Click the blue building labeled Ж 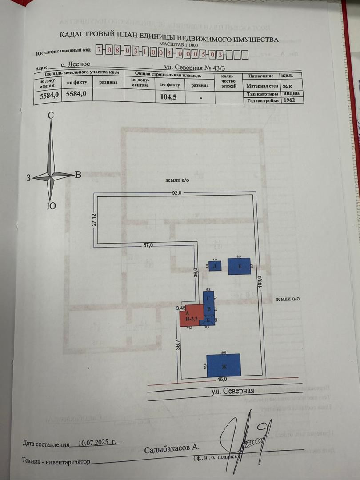[224, 365]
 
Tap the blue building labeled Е [239, 267]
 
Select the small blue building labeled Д [215, 267]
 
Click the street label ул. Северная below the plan [232, 391]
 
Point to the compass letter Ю [51, 206]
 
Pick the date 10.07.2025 [96, 443]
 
